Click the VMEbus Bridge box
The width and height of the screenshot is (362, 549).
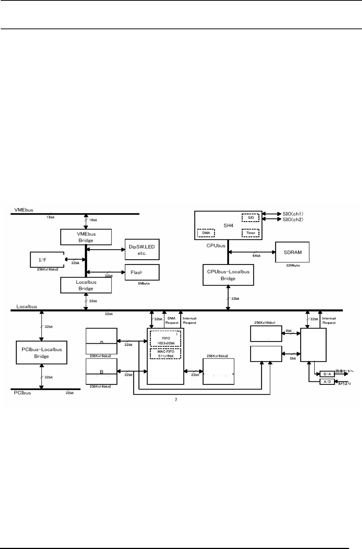[86, 237]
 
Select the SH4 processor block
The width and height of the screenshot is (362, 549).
[228, 225]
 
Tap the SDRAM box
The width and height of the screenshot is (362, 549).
[293, 252]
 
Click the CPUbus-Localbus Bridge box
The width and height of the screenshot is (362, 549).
[228, 275]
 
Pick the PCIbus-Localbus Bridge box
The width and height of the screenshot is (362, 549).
[41, 353]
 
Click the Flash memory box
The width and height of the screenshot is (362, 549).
[142, 272]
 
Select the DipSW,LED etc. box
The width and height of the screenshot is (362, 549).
[142, 250]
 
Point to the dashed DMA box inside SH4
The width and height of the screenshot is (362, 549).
[206, 233]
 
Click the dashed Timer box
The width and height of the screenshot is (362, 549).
[250, 233]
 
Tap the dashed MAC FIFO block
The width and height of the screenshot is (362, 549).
[165, 354]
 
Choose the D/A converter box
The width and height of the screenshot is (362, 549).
[327, 374]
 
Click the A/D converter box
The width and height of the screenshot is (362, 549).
[327, 382]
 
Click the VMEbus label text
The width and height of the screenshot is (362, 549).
[24, 210]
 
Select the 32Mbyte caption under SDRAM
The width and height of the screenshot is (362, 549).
[292, 266]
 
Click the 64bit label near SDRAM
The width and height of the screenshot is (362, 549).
[256, 256]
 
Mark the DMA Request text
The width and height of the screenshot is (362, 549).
[172, 320]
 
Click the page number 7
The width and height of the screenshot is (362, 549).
[176, 400]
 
